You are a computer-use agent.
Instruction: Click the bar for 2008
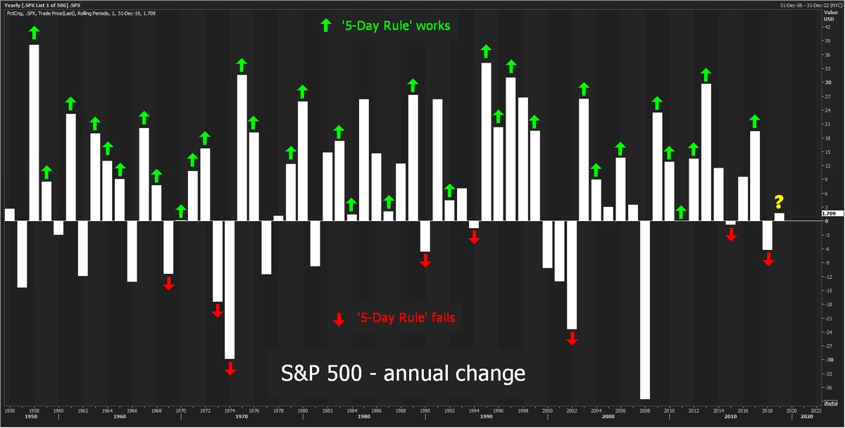tap(645, 310)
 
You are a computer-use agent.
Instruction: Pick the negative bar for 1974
tap(230, 289)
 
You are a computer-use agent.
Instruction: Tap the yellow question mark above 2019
tap(779, 203)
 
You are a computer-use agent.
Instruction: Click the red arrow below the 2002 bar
tap(572, 338)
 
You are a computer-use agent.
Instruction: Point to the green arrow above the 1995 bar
tap(486, 51)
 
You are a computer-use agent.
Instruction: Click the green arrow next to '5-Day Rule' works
tap(325, 26)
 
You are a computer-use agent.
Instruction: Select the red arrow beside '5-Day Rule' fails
tap(339, 318)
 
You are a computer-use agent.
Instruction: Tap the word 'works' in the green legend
tap(430, 26)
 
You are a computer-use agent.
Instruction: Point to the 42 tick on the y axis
tap(827, 27)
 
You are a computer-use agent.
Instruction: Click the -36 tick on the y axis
tap(829, 388)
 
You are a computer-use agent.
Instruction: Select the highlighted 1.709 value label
tap(828, 213)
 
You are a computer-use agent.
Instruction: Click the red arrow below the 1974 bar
tap(230, 368)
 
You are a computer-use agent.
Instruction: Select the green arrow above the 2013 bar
tap(706, 74)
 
